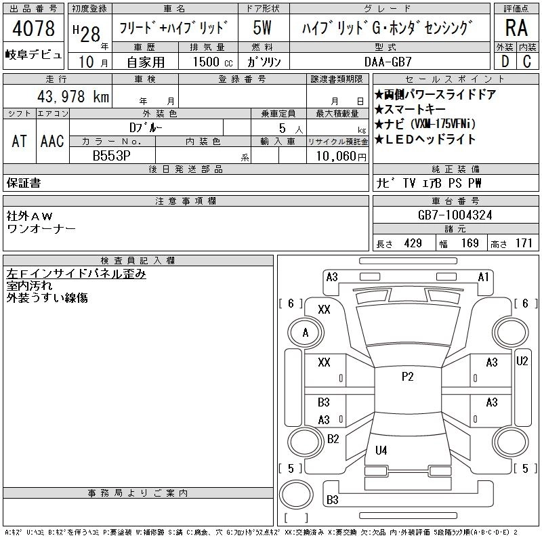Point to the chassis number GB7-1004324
pyautogui.click(x=455, y=215)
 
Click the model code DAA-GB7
pyautogui.click(x=388, y=61)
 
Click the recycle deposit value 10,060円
pyautogui.click(x=337, y=155)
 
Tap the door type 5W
pyautogui.click(x=262, y=28)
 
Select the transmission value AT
pyautogui.click(x=20, y=141)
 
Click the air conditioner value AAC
pyautogui.click(x=52, y=141)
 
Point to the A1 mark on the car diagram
pyautogui.click(x=484, y=276)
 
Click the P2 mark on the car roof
pyautogui.click(x=407, y=377)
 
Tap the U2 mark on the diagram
pyautogui.click(x=522, y=361)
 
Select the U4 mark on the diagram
pyautogui.click(x=381, y=450)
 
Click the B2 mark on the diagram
pyautogui.click(x=333, y=438)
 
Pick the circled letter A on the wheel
pyautogui.click(x=305, y=333)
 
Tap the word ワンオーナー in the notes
pyautogui.click(x=41, y=228)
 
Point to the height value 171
pyautogui.click(x=523, y=243)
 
